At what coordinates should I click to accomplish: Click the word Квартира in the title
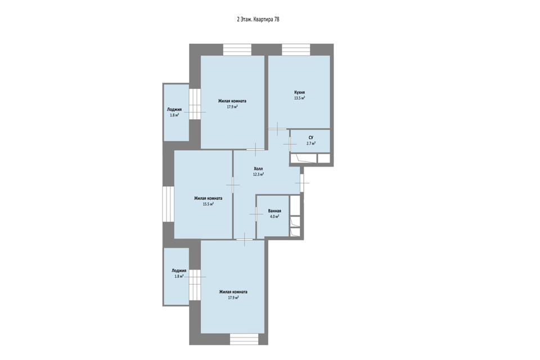click(x=263, y=20)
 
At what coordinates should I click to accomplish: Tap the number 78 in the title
click(x=277, y=20)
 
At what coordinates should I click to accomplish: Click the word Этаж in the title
click(x=246, y=20)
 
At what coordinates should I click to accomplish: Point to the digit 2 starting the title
click(x=238, y=20)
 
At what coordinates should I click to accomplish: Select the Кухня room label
click(x=299, y=92)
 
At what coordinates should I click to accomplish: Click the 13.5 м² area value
click(x=299, y=98)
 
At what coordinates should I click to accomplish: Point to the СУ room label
click(x=311, y=137)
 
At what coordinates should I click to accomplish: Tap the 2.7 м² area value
click(x=311, y=143)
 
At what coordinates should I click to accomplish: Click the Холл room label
click(x=258, y=169)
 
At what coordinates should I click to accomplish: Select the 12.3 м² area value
click(x=258, y=174)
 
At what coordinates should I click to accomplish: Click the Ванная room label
click(x=274, y=211)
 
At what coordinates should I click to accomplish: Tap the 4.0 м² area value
click(x=274, y=217)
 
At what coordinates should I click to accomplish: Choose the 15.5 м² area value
click(x=208, y=204)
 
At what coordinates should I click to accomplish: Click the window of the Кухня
click(x=296, y=49)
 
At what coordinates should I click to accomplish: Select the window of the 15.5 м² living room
click(x=168, y=204)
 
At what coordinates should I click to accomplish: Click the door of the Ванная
click(x=256, y=214)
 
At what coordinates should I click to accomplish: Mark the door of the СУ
click(x=290, y=144)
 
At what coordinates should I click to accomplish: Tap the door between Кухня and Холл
click(x=277, y=129)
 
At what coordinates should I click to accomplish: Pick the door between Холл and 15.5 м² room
click(x=233, y=185)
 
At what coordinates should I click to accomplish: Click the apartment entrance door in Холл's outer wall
click(x=301, y=183)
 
